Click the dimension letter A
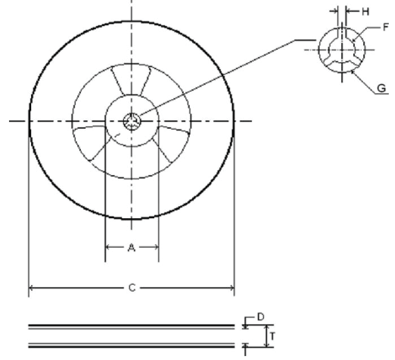[x=131, y=248]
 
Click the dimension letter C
[x=131, y=288]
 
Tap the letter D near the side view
[x=261, y=317]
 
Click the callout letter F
[x=386, y=27]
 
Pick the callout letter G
[x=381, y=88]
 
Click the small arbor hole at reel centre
[x=132, y=120]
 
